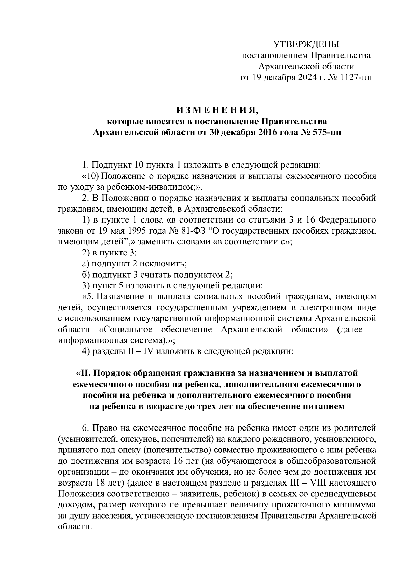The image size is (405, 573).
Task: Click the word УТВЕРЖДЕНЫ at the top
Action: click(x=306, y=44)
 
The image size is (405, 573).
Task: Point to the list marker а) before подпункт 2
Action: click(x=86, y=264)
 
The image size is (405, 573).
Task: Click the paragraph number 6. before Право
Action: click(x=86, y=428)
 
